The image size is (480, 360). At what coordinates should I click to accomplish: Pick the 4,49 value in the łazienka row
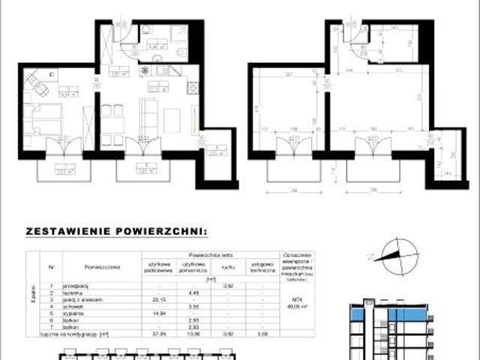190,292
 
